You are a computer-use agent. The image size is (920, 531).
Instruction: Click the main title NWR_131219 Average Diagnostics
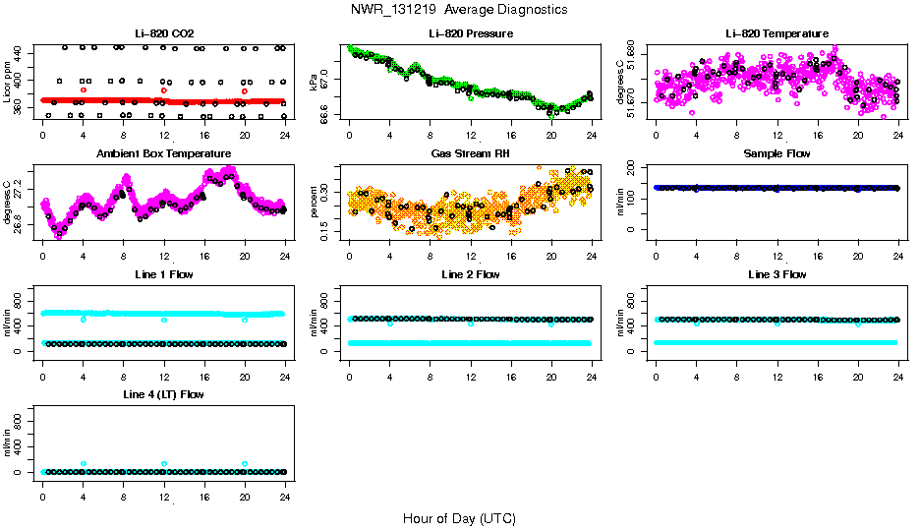(459, 9)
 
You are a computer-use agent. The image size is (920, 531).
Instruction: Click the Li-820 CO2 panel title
(164, 33)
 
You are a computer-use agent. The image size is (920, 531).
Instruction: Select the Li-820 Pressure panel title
(471, 33)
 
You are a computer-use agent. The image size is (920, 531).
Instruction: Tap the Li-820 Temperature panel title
(776, 33)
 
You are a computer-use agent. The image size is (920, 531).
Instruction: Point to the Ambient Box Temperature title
(164, 153)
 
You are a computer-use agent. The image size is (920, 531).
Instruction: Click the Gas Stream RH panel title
(471, 153)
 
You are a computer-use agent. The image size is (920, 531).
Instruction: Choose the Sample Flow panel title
(776, 153)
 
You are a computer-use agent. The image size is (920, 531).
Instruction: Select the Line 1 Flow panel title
(164, 274)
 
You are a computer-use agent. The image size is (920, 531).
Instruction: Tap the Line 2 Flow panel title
(471, 274)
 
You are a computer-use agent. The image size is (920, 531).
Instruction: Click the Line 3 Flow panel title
(776, 274)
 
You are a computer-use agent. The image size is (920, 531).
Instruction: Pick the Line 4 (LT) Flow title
(164, 394)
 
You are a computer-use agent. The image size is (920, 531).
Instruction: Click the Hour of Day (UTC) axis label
(459, 518)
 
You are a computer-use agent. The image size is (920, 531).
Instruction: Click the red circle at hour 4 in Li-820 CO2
(84, 89)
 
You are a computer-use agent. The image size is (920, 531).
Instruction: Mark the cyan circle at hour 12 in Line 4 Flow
(164, 463)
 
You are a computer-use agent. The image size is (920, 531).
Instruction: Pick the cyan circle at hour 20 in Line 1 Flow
(245, 320)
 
